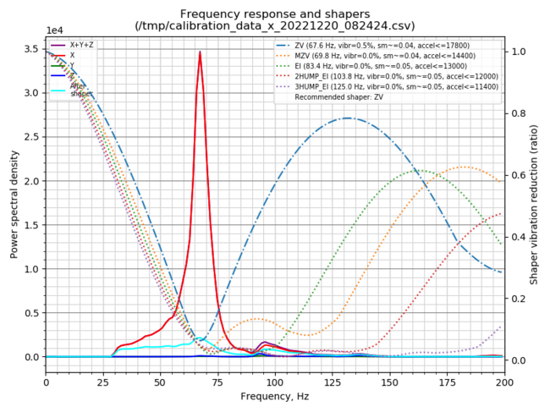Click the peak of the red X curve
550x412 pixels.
(x=200, y=52)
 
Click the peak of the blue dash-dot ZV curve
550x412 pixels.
(x=349, y=118)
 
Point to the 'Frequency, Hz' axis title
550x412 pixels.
(x=275, y=395)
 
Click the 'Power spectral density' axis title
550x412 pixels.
(x=14, y=201)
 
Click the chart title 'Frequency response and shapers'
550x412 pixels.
(x=275, y=14)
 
